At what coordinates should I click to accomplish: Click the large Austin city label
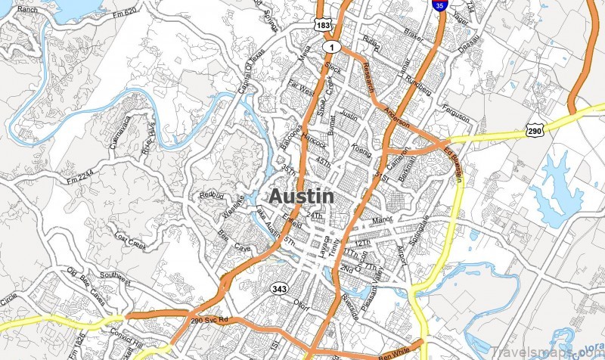pyautogui.click(x=301, y=196)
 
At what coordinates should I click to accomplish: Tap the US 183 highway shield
pyautogui.click(x=323, y=25)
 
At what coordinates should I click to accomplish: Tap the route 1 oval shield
pyautogui.click(x=330, y=47)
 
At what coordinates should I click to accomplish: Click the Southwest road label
pyautogui.click(x=116, y=277)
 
